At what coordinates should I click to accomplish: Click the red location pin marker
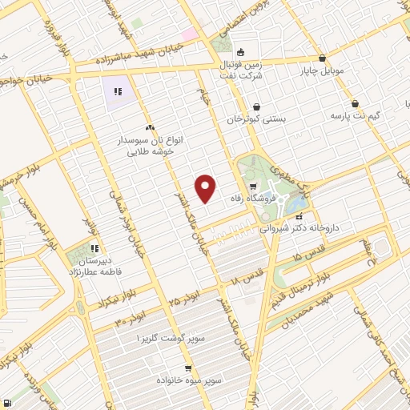[206, 188]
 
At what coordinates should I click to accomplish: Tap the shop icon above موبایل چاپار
[322, 58]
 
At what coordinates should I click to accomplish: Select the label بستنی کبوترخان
[257, 119]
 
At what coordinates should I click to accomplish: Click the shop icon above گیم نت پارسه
[355, 103]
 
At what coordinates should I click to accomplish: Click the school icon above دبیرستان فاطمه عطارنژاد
[95, 247]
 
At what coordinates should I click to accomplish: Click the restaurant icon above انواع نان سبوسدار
[150, 127]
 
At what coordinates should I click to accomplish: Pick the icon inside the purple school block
[119, 91]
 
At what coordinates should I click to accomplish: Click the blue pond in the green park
[295, 205]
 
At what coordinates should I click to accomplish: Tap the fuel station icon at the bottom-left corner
[6, 403]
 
